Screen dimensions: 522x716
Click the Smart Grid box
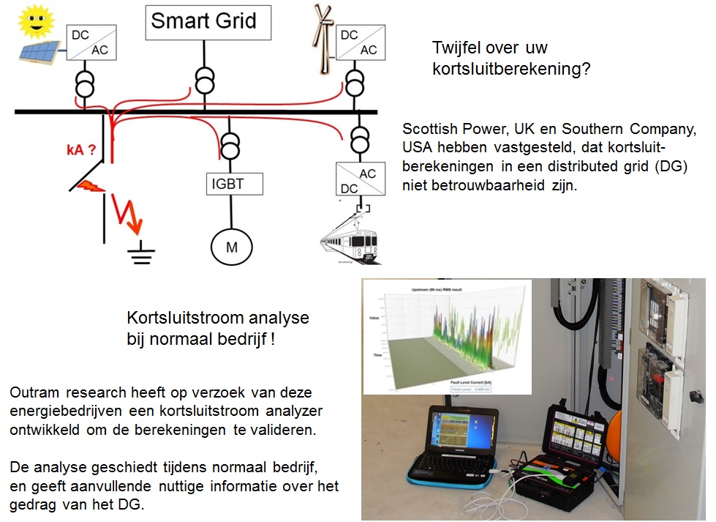[x=208, y=22]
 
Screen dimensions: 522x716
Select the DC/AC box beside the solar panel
[x=88, y=42]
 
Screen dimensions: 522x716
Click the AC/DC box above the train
[x=359, y=178]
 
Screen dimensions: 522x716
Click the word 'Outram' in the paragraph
[x=33, y=393]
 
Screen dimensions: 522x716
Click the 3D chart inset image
[x=447, y=336]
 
